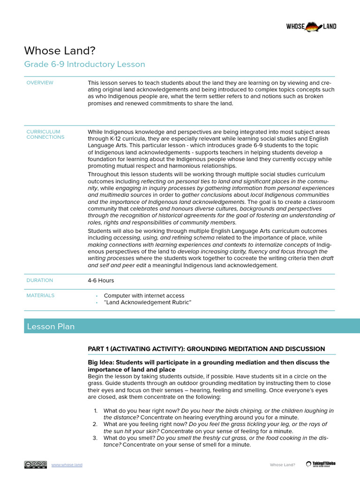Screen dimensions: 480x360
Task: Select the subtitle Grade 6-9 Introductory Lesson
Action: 84,64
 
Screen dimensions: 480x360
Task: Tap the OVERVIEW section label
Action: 40,83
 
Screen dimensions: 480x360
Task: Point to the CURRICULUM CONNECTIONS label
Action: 45,135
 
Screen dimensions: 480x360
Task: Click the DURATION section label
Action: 40,280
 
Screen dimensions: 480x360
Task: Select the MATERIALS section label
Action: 40,295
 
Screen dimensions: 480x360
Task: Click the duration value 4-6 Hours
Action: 101,280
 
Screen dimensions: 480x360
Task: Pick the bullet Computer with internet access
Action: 144,296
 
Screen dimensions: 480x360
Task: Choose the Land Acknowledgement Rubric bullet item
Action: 148,302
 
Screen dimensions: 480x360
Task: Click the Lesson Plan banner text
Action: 51,326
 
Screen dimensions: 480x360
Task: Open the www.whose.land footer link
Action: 67,465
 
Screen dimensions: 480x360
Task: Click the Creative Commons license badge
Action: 36,465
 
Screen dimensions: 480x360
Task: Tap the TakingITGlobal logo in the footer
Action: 321,464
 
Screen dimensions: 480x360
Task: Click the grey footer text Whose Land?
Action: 282,465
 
